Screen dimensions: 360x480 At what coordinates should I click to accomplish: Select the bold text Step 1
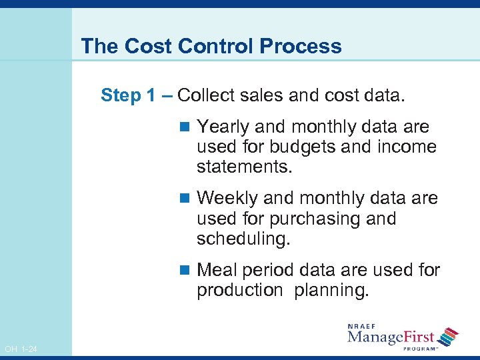click(x=131, y=95)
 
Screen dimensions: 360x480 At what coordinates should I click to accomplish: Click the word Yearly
click(x=224, y=127)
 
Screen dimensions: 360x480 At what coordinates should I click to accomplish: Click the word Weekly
click(x=229, y=198)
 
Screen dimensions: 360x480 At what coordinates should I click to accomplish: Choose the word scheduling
click(x=243, y=238)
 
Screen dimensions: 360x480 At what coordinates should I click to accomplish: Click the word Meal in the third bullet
click(x=217, y=270)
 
